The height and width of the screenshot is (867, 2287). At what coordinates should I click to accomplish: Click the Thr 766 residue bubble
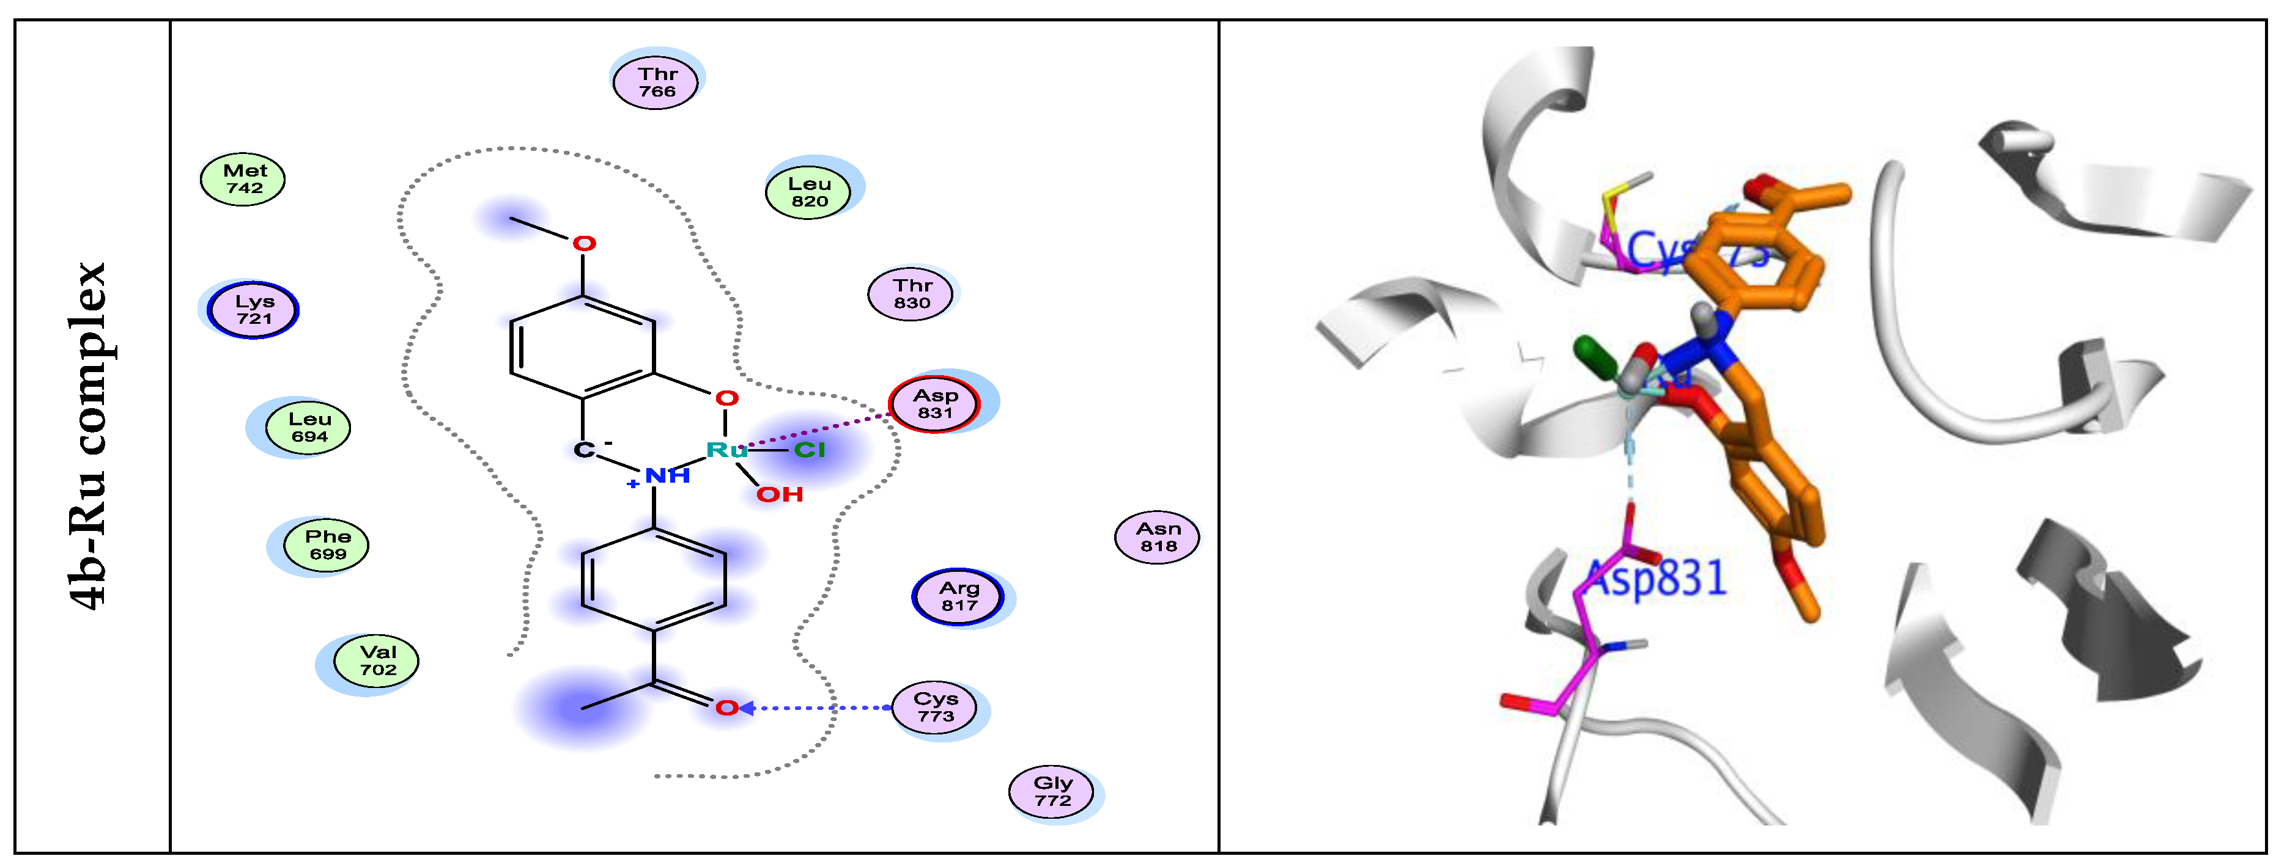(656, 82)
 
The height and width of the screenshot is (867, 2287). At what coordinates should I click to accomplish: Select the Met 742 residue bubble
(243, 179)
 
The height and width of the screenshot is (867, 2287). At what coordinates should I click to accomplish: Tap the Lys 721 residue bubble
(254, 310)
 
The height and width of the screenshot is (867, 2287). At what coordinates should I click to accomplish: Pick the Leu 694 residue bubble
(309, 428)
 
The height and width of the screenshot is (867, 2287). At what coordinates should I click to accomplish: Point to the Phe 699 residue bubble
(328, 545)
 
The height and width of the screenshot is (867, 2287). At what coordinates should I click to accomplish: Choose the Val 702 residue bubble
(377, 661)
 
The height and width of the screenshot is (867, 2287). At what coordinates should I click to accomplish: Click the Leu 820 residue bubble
(809, 192)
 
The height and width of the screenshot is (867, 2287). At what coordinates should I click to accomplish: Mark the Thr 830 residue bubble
(912, 294)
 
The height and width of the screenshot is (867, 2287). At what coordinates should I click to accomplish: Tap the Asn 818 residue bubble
(1158, 537)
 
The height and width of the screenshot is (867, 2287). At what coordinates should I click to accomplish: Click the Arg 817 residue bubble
(959, 597)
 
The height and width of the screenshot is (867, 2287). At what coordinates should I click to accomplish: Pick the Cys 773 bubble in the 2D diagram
(935, 708)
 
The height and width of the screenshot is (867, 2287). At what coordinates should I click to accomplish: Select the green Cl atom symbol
(809, 451)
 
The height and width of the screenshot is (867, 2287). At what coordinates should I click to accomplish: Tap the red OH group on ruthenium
(780, 494)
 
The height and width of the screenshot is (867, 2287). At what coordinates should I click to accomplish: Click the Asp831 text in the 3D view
(1657, 579)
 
